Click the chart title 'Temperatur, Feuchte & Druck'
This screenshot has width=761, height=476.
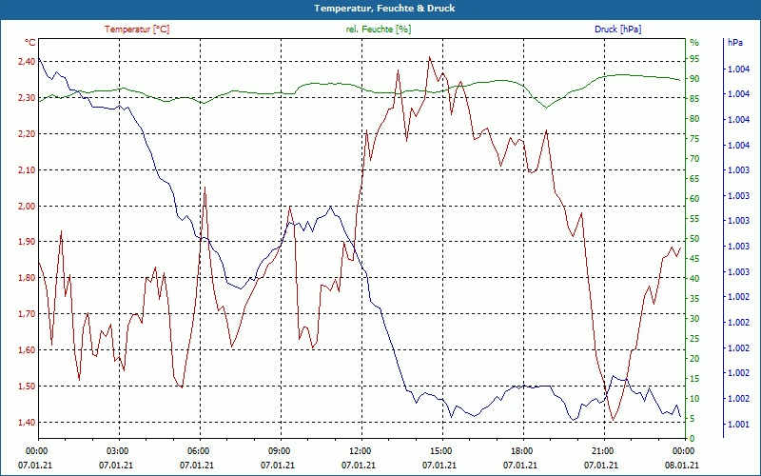click(x=380, y=9)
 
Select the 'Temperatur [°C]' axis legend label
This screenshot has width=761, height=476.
click(x=137, y=30)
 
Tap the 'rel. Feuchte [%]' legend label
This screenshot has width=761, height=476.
click(x=379, y=30)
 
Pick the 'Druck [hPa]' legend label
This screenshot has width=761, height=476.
click(x=617, y=30)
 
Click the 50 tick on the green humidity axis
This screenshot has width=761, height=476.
click(x=694, y=238)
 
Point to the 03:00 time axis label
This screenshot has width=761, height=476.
click(x=117, y=450)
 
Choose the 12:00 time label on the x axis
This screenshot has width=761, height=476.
click(x=360, y=450)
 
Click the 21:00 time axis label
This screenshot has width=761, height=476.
click(x=602, y=450)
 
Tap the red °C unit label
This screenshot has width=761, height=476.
click(x=30, y=43)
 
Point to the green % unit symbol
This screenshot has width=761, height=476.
click(x=694, y=43)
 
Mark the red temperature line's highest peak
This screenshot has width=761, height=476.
click(x=429, y=57)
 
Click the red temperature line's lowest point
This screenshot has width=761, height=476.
click(x=614, y=420)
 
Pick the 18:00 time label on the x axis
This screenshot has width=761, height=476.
click(x=521, y=450)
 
